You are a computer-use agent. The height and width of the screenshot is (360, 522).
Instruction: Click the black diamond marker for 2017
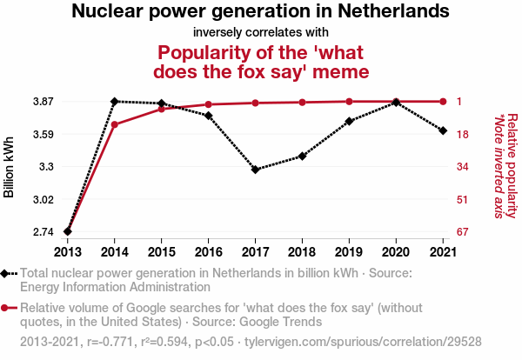click(x=255, y=169)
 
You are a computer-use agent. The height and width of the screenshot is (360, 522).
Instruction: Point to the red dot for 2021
click(x=443, y=102)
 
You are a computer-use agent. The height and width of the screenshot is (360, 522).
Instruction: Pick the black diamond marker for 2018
click(x=302, y=156)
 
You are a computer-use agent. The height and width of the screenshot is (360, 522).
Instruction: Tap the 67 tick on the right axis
click(x=464, y=231)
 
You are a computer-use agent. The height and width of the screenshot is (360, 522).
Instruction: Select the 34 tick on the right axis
click(x=464, y=166)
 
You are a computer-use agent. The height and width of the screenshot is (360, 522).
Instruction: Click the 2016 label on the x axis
click(x=208, y=252)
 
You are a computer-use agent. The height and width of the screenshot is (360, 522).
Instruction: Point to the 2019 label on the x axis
click(x=349, y=252)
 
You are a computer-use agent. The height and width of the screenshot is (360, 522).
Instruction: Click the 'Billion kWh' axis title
click(x=10, y=166)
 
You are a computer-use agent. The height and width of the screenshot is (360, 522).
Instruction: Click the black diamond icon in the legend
click(x=7, y=273)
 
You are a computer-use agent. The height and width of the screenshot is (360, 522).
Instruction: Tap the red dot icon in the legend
click(x=7, y=308)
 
